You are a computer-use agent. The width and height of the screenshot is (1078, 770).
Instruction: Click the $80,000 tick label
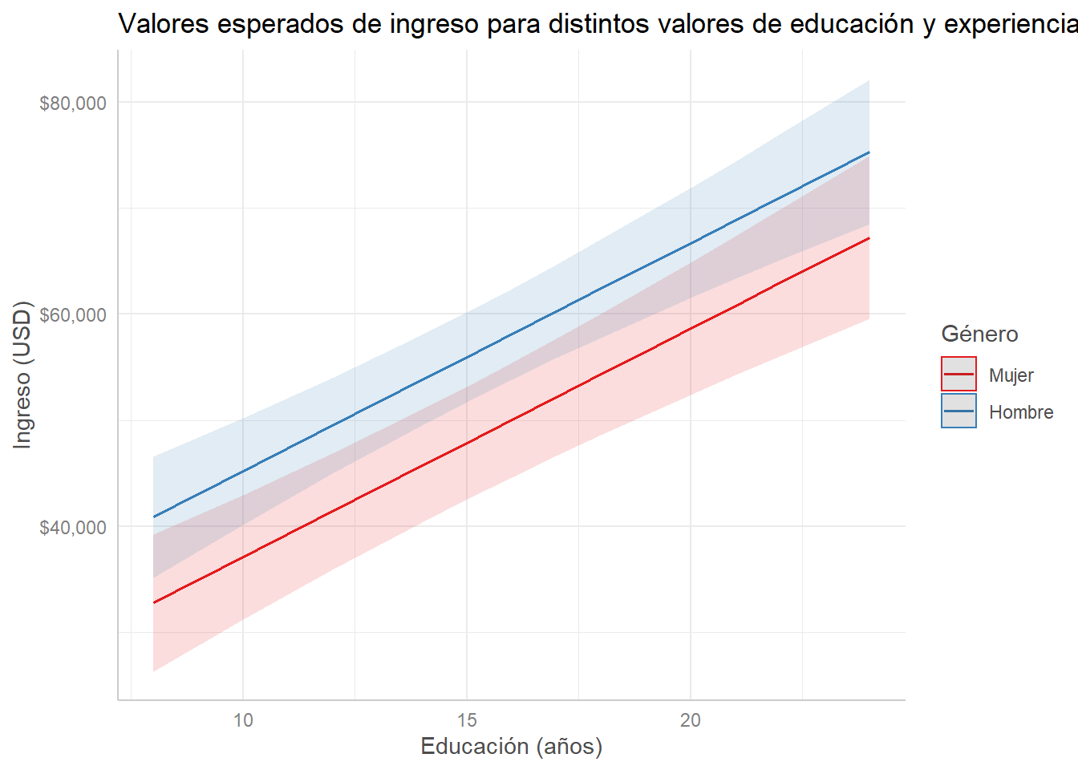[73, 103]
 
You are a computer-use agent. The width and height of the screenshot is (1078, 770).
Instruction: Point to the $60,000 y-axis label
[73, 314]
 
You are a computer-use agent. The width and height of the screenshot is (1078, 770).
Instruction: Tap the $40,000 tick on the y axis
[73, 527]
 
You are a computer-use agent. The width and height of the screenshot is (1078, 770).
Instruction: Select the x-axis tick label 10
[243, 720]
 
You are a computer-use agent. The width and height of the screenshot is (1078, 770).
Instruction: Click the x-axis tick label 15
[467, 720]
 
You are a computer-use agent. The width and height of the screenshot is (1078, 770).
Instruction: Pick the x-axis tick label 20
[691, 720]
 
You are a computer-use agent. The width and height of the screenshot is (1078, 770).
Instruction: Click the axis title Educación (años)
[512, 747]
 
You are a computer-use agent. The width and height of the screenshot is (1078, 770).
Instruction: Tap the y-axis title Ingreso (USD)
[22, 375]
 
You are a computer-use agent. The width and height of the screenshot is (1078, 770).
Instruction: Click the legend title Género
[979, 334]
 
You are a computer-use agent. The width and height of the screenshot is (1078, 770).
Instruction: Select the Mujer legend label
[1011, 375]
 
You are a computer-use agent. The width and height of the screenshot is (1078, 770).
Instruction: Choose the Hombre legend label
[1021, 412]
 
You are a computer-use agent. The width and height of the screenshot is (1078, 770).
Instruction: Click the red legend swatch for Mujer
[958, 374]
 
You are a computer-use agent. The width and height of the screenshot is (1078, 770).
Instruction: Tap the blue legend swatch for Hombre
[958, 411]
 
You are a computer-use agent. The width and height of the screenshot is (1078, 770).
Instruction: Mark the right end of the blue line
[869, 152]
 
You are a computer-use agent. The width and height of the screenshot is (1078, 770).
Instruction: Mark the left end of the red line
[154, 602]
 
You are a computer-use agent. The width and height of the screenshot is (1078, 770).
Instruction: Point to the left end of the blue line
[154, 517]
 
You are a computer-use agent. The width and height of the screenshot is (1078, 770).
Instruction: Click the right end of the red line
[869, 238]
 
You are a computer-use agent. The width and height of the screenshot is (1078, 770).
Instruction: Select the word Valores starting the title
[164, 24]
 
